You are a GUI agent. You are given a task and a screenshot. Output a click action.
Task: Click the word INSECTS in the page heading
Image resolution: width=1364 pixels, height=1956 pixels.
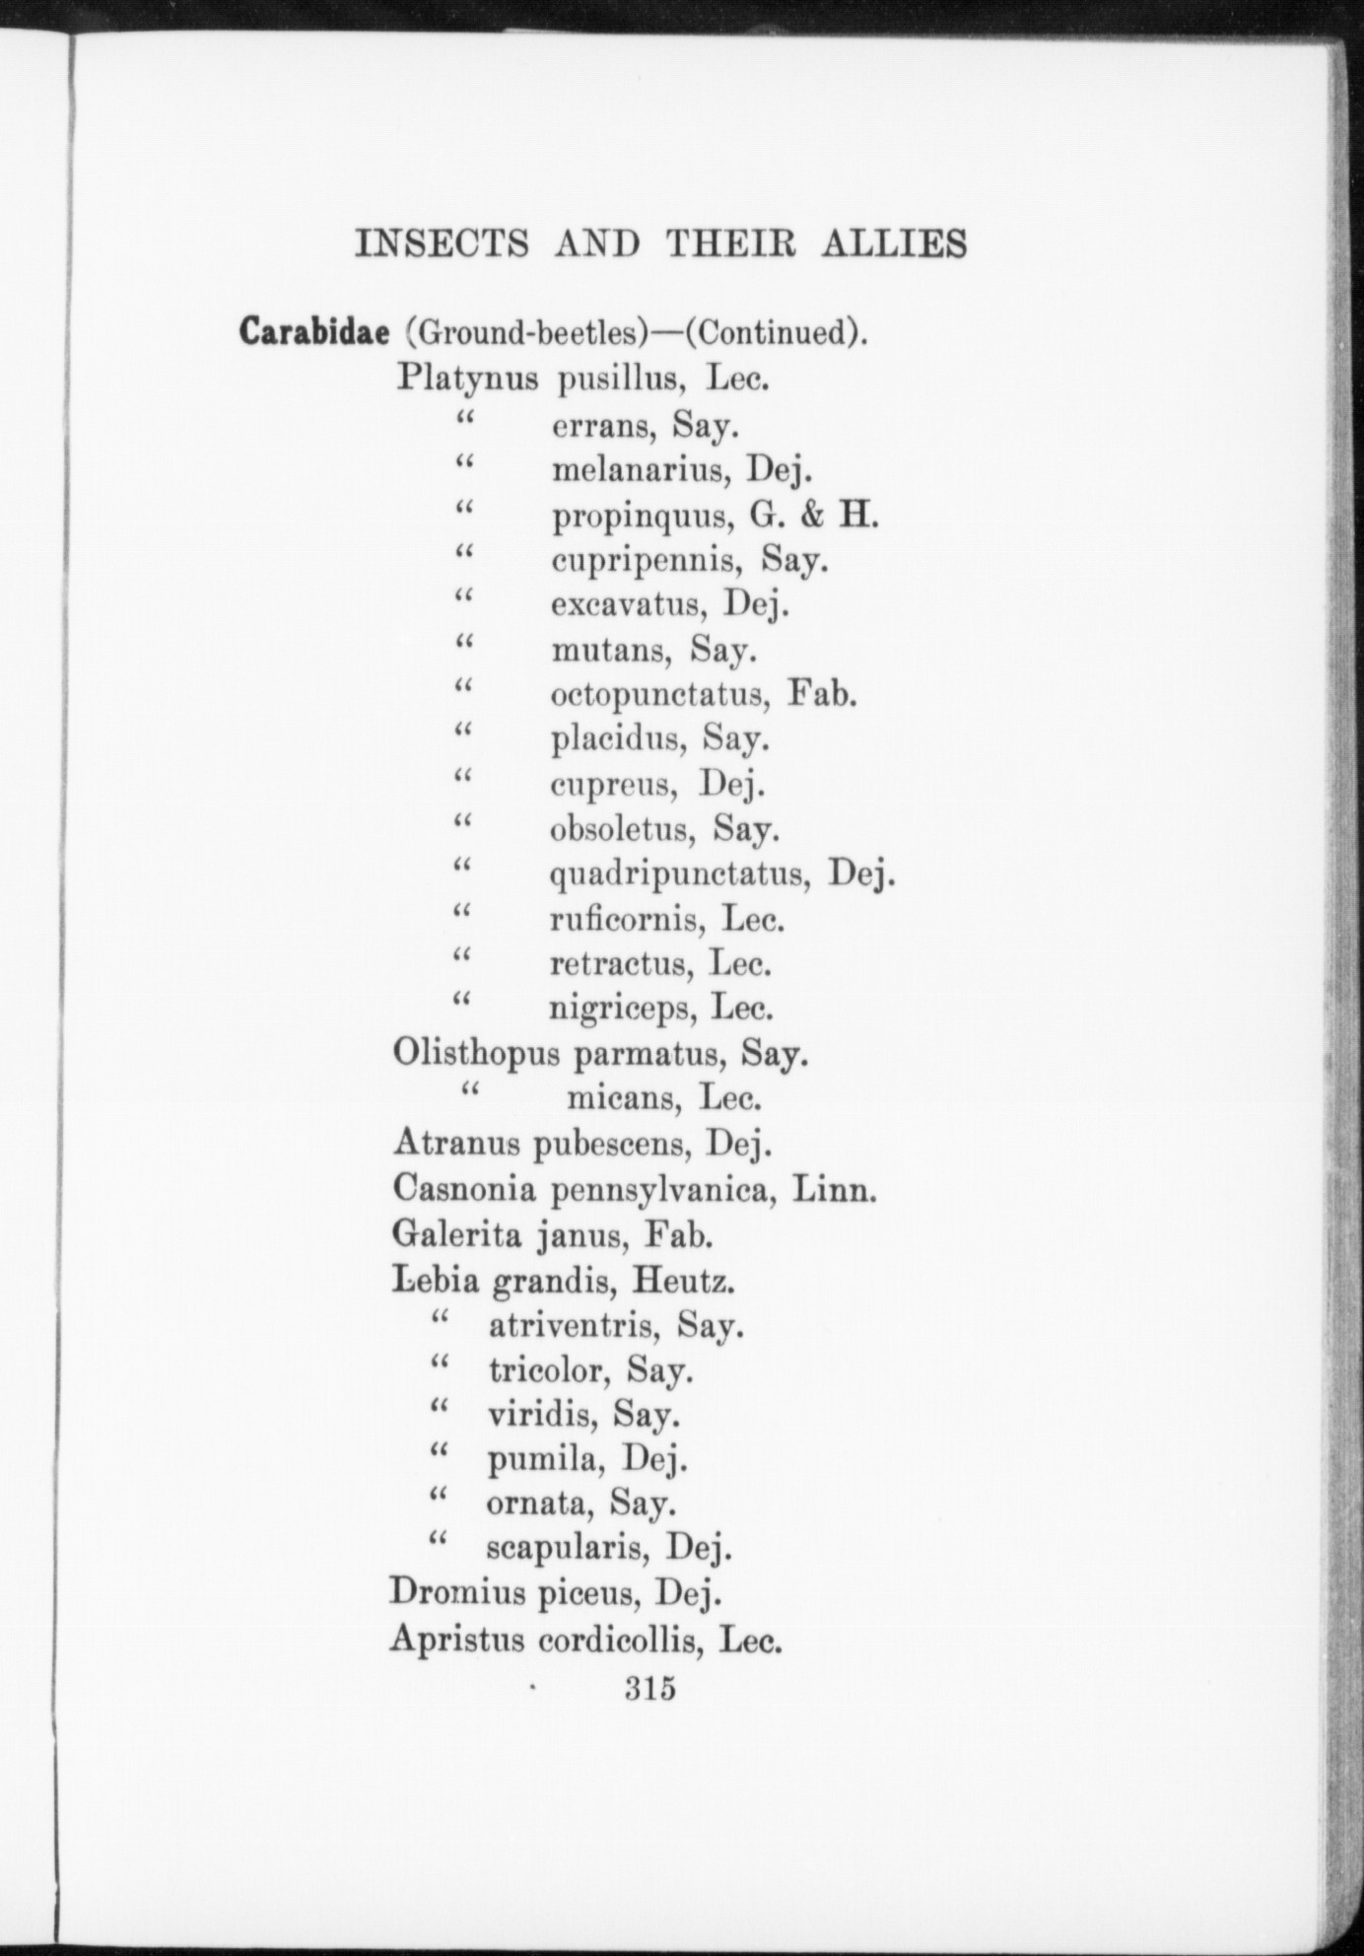tap(442, 244)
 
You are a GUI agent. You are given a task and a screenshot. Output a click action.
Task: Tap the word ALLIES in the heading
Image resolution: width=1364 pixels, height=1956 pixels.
tap(894, 244)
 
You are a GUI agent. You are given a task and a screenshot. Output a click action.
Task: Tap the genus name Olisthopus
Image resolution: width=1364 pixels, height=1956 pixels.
tap(476, 1054)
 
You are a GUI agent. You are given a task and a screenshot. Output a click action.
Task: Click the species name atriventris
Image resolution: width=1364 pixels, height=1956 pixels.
tap(573, 1326)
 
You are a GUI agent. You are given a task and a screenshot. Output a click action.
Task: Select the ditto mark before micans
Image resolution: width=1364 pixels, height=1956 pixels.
tap(469, 1089)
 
